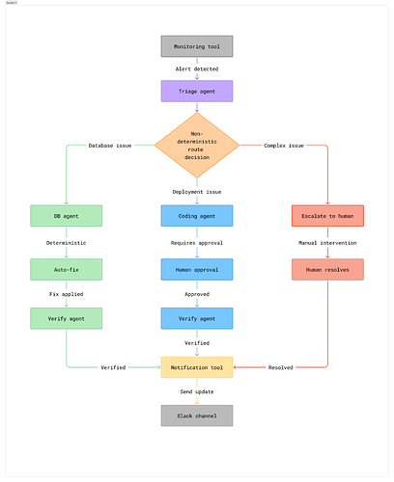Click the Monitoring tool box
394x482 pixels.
tap(197, 46)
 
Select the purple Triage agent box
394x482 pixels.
tap(197, 92)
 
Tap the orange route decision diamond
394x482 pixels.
tap(197, 146)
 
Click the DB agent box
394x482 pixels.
tap(67, 216)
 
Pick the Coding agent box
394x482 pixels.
tap(197, 216)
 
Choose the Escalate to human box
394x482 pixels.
tap(327, 216)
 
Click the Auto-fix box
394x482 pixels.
tap(67, 270)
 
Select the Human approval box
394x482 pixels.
tap(197, 270)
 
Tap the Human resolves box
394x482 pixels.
tap(327, 270)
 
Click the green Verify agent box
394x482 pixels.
tap(67, 318)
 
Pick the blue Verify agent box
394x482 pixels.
tap(197, 318)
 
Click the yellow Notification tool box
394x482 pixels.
tap(197, 367)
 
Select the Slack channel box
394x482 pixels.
tap(197, 415)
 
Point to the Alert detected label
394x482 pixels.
tap(197, 69)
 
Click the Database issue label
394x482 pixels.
tap(110, 146)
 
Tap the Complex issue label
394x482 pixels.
tap(284, 146)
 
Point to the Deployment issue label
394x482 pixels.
tap(197, 192)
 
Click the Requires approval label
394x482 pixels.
tap(197, 243)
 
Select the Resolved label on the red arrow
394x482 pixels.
tap(281, 367)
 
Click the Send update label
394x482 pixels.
tap(197, 391)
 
